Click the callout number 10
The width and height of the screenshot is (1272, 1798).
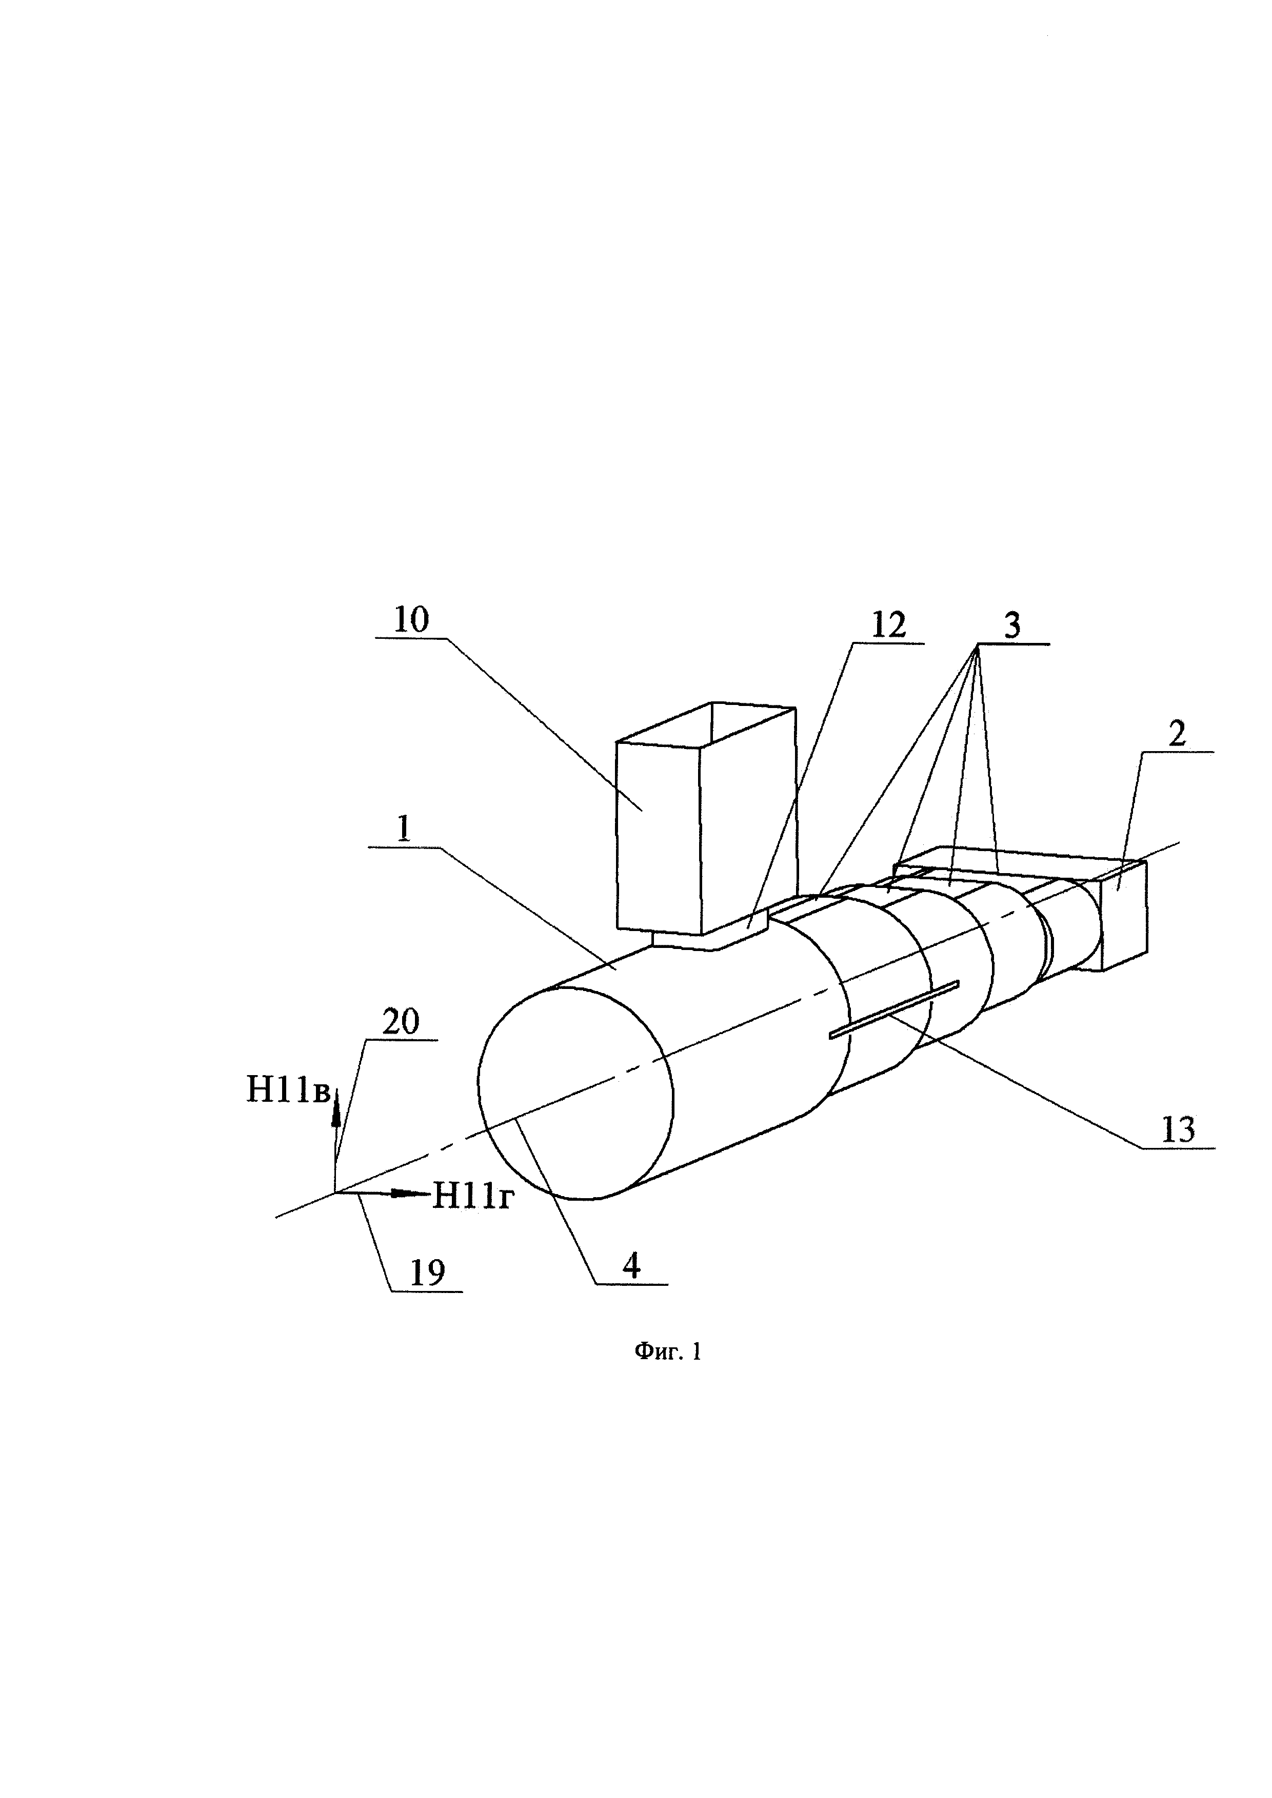(x=411, y=620)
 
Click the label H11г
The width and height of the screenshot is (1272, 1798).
(x=473, y=1196)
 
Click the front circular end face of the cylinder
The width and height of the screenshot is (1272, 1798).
(x=575, y=1093)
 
